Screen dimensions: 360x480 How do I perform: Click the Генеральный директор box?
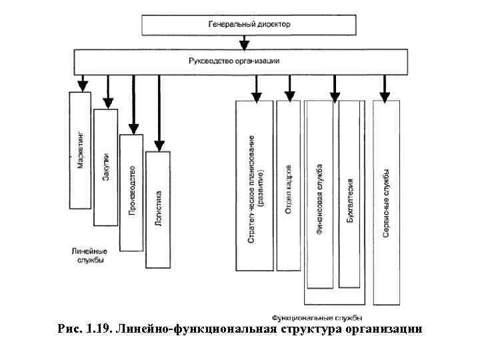click(249, 25)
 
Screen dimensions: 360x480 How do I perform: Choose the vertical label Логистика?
click(158, 208)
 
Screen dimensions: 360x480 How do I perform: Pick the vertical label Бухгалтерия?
click(351, 199)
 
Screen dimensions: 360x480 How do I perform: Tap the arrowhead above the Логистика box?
click(159, 143)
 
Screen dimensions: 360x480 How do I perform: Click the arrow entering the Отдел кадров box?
click(289, 94)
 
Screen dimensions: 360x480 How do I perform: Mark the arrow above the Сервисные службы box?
click(384, 94)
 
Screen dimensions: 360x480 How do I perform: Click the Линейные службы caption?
click(88, 256)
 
